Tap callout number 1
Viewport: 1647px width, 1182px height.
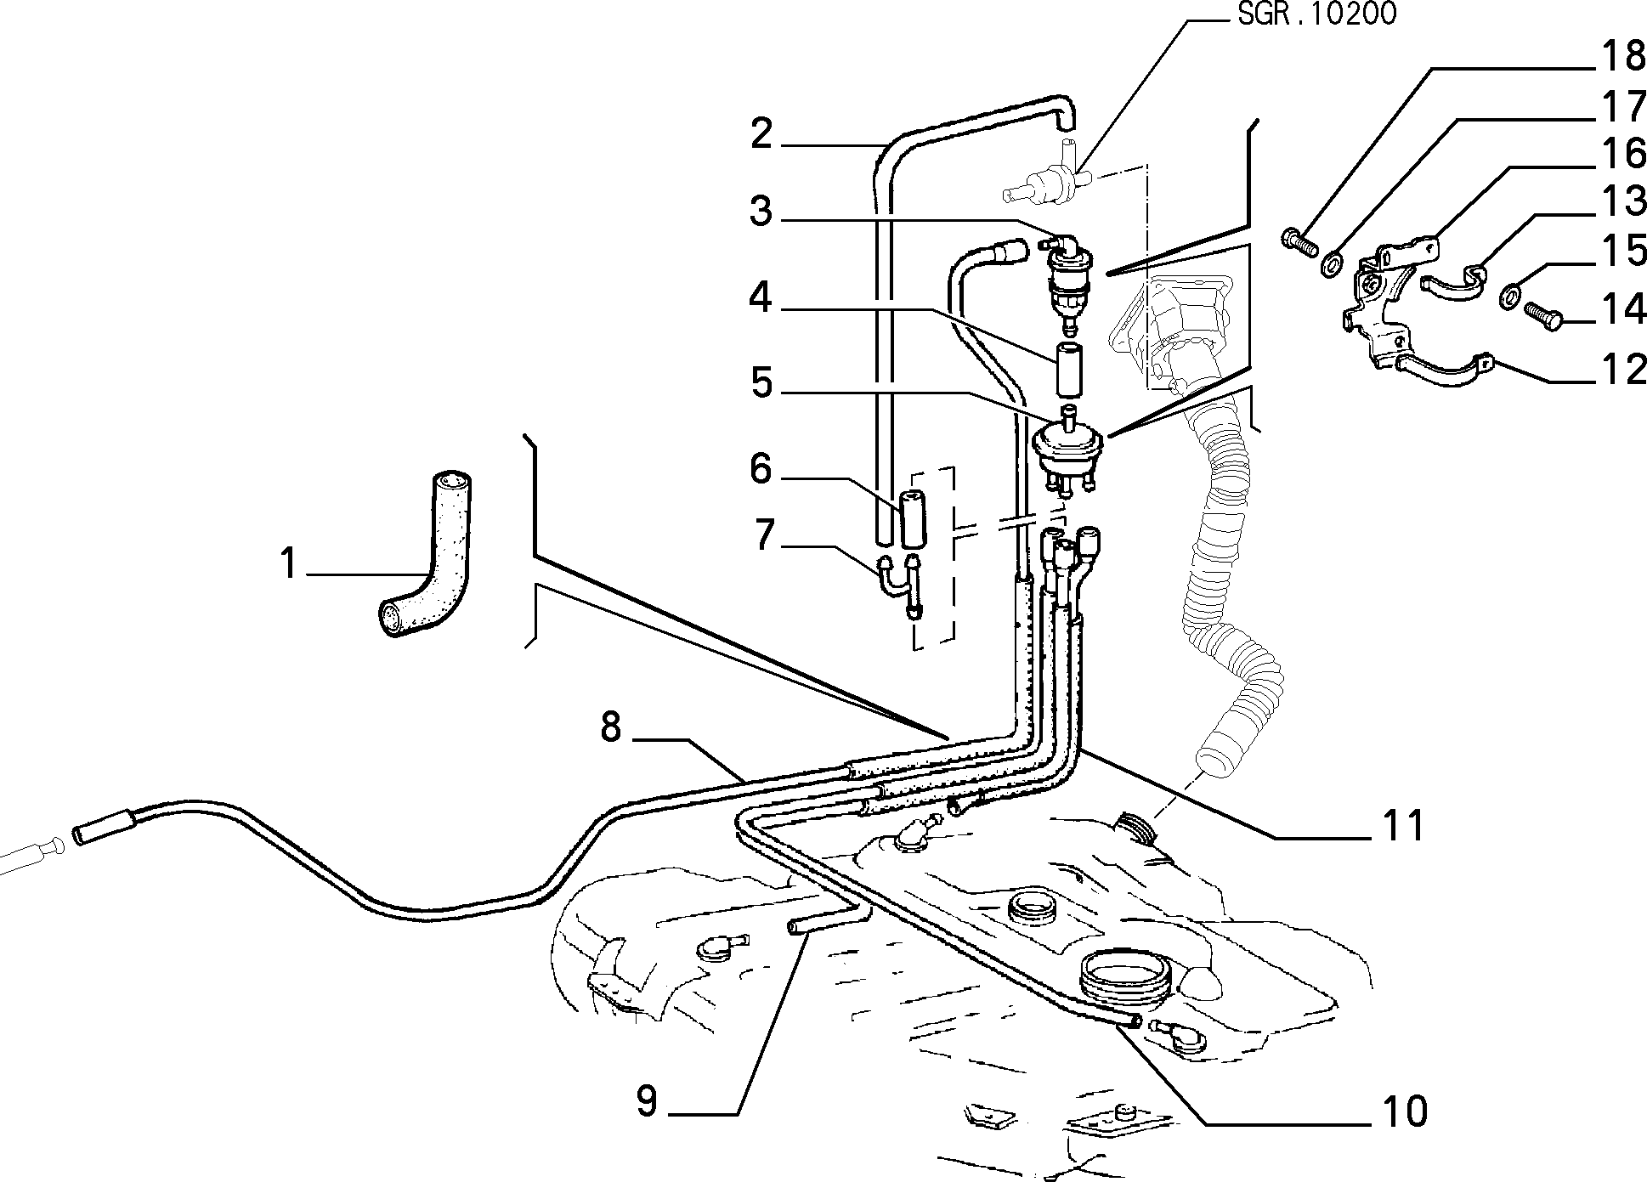pyautogui.click(x=289, y=564)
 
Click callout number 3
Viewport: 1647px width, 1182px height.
pyautogui.click(x=761, y=212)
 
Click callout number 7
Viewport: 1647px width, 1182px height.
pyautogui.click(x=764, y=536)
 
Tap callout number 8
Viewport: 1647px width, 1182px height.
pyautogui.click(x=611, y=728)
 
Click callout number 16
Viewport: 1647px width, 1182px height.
pyautogui.click(x=1622, y=153)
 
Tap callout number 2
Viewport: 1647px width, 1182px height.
pyautogui.click(x=761, y=134)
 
